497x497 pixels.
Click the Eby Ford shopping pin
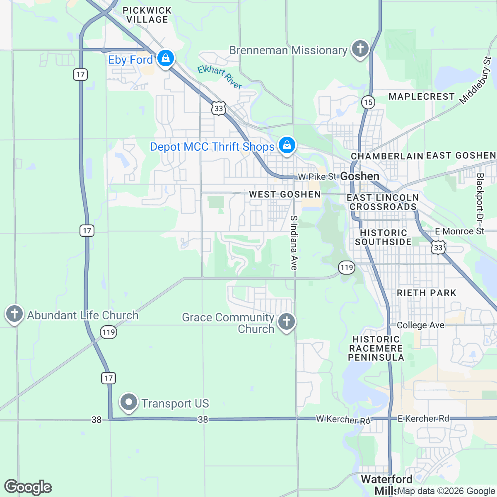(165, 58)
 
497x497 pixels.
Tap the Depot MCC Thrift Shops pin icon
(287, 145)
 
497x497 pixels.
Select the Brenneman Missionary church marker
(360, 49)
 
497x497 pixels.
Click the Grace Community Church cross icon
(286, 321)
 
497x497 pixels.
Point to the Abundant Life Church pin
(14, 314)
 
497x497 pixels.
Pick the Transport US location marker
(129, 402)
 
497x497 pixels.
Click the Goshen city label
(359, 176)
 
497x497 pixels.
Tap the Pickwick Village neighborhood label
(147, 15)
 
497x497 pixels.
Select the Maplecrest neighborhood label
(422, 97)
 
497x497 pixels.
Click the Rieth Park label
(427, 293)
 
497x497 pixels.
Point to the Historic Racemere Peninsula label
(376, 348)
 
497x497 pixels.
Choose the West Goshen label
(285, 194)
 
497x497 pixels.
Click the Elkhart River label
(219, 77)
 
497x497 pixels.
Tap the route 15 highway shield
(368, 102)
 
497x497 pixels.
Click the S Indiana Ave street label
(294, 243)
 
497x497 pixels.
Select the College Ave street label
(420, 325)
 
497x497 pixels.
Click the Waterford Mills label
(386, 485)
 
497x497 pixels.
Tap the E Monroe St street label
(459, 231)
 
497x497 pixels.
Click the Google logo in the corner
(28, 487)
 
